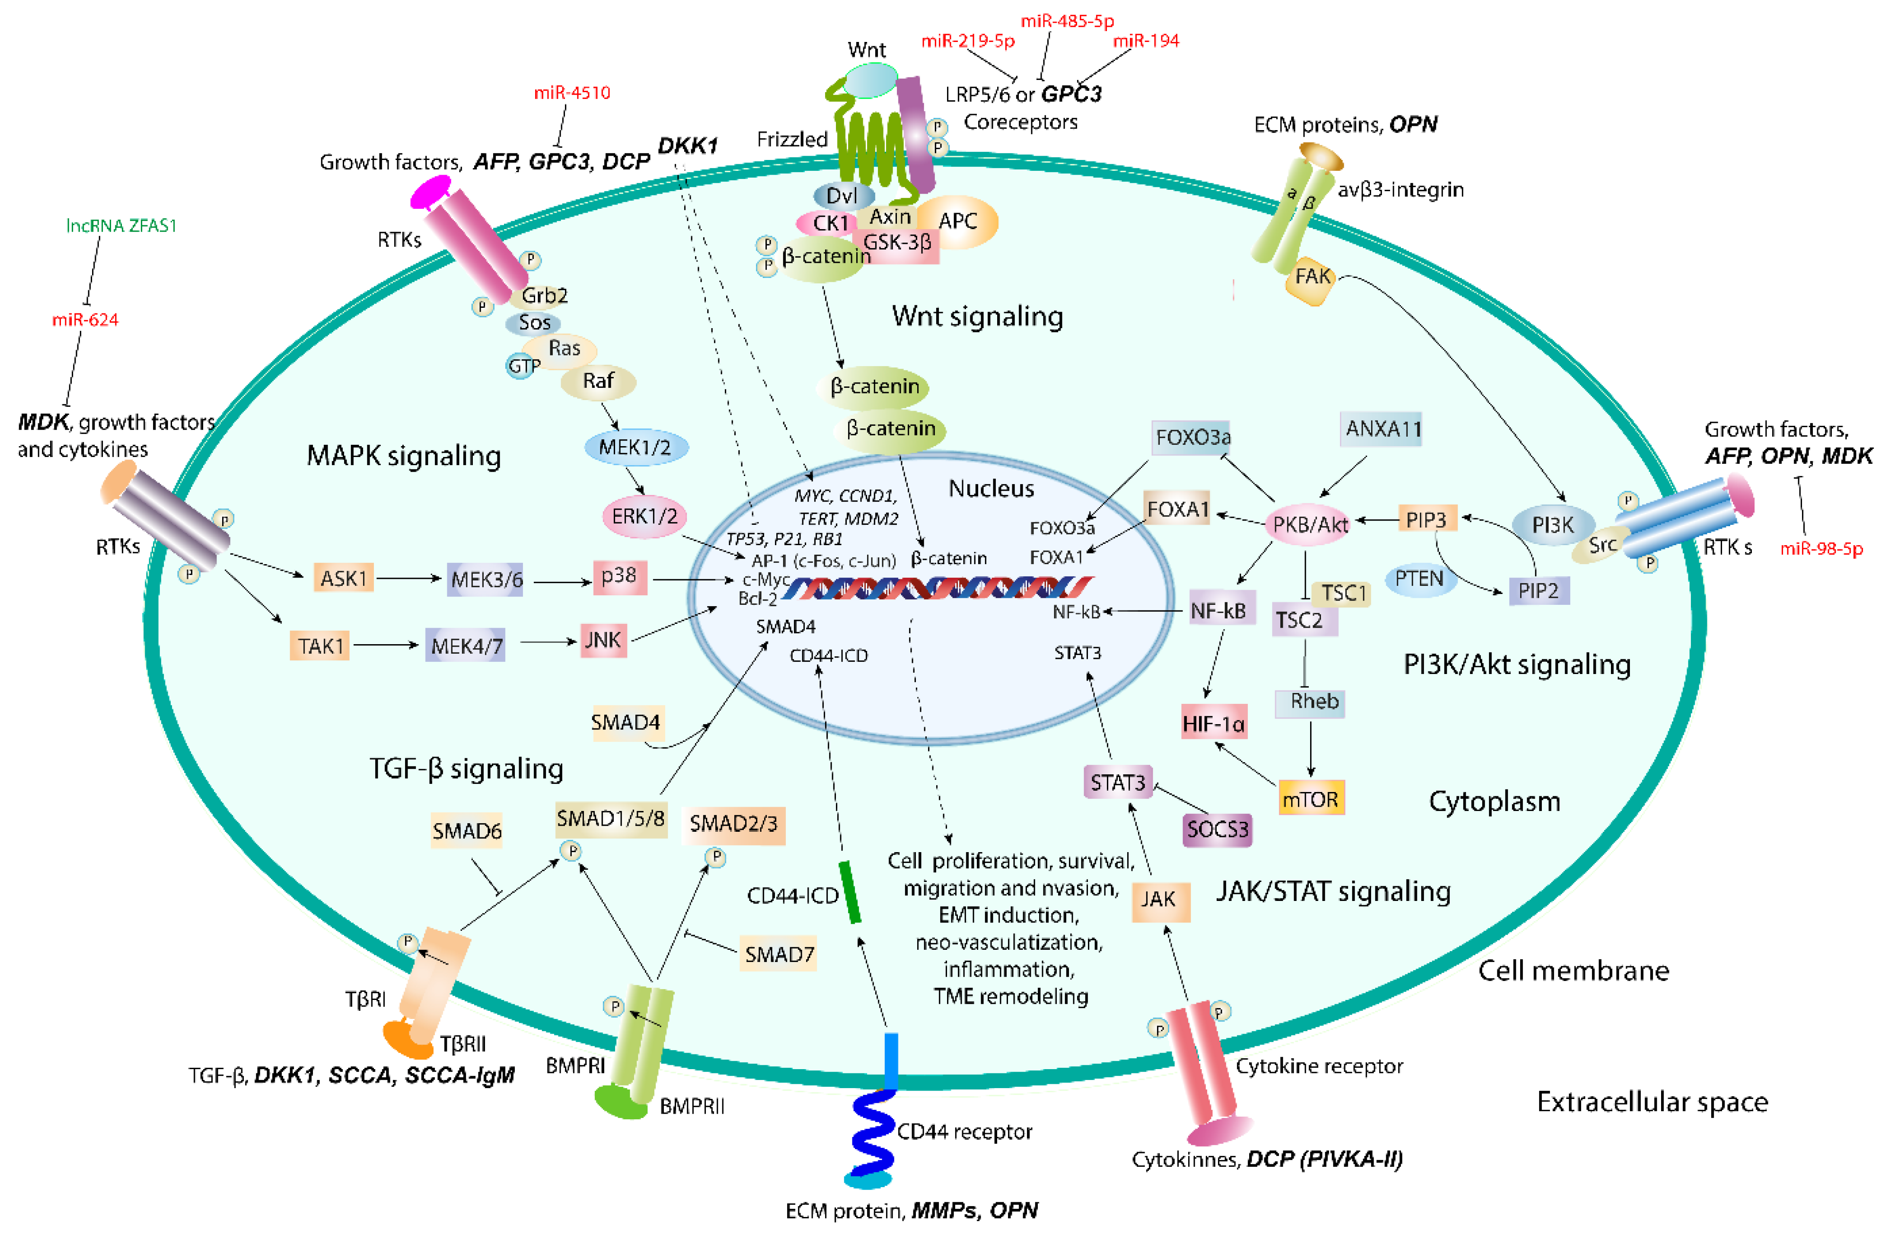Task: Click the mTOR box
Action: pyautogui.click(x=1311, y=799)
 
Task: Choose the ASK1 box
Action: pyautogui.click(x=344, y=578)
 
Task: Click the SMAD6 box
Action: pyautogui.click(x=466, y=830)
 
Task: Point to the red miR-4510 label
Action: pyautogui.click(x=572, y=93)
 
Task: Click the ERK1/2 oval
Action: pyautogui.click(x=644, y=517)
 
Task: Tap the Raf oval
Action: pyautogui.click(x=598, y=382)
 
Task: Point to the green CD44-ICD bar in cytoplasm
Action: pyautogui.click(x=850, y=892)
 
